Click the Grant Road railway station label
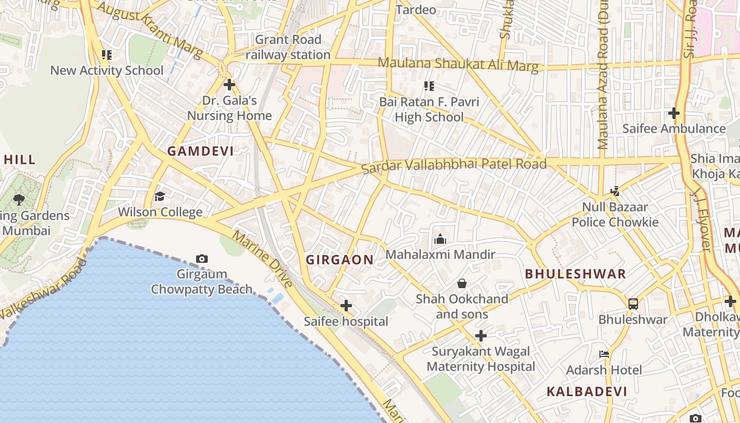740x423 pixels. tap(288, 47)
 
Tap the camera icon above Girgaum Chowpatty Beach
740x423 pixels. tap(201, 259)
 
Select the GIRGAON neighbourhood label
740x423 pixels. tap(340, 260)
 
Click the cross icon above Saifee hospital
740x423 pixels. tap(346, 306)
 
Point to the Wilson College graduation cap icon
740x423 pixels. tap(160, 197)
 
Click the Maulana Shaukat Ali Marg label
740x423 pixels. tap(458, 65)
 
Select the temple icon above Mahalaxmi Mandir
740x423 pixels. tap(440, 240)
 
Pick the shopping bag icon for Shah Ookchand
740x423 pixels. tap(462, 283)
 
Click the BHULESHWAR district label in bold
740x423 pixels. tap(576, 274)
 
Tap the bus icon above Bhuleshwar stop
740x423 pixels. tap(633, 304)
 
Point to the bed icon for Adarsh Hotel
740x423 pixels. tap(604, 354)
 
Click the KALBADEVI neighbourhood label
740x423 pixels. tap(587, 392)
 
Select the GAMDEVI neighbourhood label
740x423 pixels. tap(200, 151)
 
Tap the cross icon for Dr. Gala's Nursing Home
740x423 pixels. tap(229, 85)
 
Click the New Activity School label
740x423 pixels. tap(107, 70)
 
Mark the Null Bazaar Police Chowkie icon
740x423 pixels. tap(615, 191)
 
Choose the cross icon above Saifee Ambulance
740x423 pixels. tap(674, 113)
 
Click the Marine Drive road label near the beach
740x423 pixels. tap(263, 260)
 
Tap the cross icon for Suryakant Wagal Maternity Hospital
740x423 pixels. tap(481, 336)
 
